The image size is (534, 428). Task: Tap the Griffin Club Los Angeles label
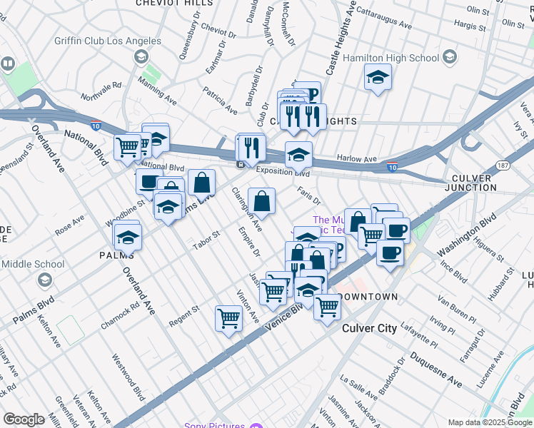pyautogui.click(x=108, y=41)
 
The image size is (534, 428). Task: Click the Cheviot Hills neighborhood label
pyautogui.click(x=175, y=4)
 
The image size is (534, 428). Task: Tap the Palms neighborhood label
pyautogui.click(x=117, y=255)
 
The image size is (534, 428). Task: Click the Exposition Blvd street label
pyautogui.click(x=283, y=172)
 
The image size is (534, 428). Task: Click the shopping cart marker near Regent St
pyautogui.click(x=228, y=317)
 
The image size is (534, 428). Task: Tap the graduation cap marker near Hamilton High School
pyautogui.click(x=378, y=76)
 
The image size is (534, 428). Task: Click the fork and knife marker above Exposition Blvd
pyautogui.click(x=251, y=147)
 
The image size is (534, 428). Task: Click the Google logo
pyautogui.click(x=24, y=419)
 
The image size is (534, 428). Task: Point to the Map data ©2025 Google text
pyautogui.click(x=489, y=422)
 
